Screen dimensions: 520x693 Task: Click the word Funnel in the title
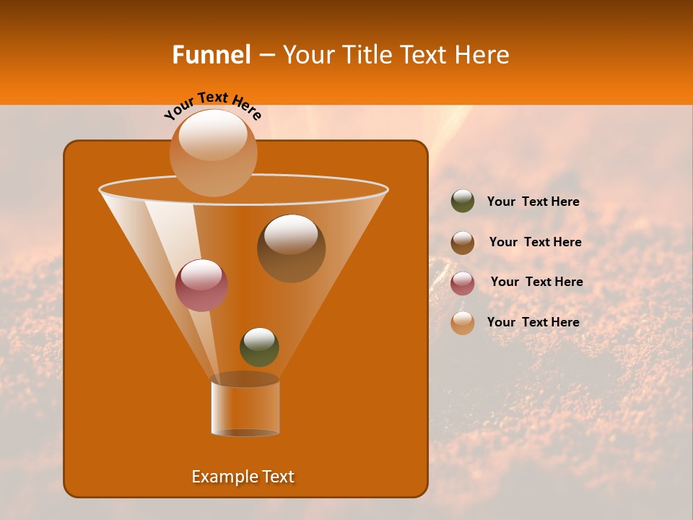click(x=211, y=55)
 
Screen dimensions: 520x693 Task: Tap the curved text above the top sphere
click(x=212, y=105)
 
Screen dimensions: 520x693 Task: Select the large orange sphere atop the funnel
click(x=213, y=152)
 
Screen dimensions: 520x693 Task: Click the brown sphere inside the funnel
click(x=291, y=248)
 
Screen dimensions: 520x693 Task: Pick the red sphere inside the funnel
click(x=201, y=285)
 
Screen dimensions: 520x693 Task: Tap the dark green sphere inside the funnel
click(x=259, y=347)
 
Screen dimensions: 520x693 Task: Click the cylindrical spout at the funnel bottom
click(x=245, y=408)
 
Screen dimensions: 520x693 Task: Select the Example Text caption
click(x=243, y=477)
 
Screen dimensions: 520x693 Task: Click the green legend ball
click(x=463, y=201)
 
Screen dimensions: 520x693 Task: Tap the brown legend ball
click(x=463, y=242)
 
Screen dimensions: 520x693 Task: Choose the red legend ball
click(x=463, y=282)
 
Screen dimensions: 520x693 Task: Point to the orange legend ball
click(x=463, y=323)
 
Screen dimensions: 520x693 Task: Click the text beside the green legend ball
click(x=533, y=202)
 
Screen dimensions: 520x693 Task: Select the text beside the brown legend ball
click(x=535, y=243)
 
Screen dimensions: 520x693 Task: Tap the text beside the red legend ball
click(x=536, y=282)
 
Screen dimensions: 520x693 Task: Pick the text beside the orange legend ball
click(x=533, y=322)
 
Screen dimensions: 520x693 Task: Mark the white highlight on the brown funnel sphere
click(x=290, y=235)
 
